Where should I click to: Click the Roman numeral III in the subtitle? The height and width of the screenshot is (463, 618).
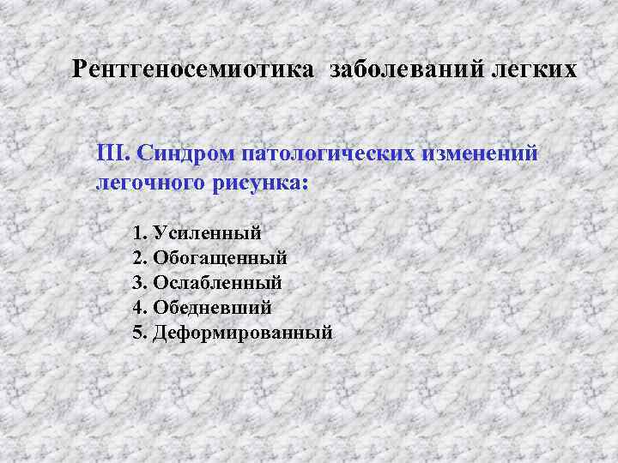coord(112,153)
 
